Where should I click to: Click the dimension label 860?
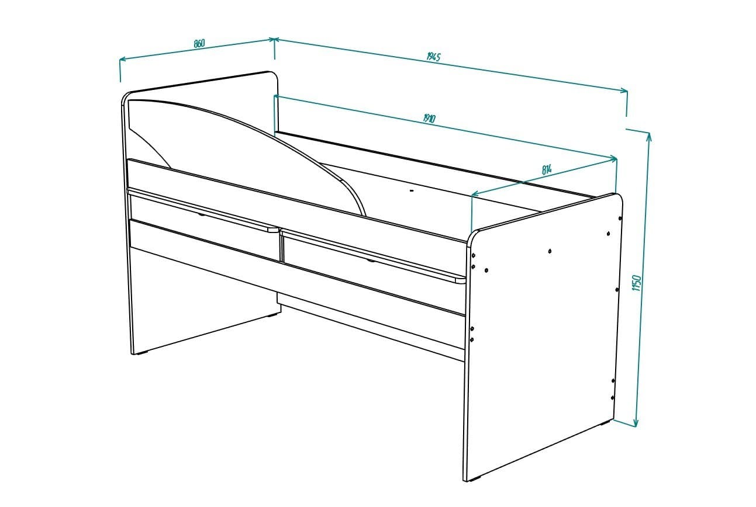pyautogui.click(x=199, y=43)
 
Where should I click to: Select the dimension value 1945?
pyautogui.click(x=433, y=57)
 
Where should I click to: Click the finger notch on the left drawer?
pyautogui.click(x=202, y=214)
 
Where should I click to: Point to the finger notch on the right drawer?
pyautogui.click(x=371, y=261)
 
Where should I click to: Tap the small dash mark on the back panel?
pyautogui.click(x=412, y=190)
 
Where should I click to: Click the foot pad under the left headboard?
pyautogui.click(x=140, y=353)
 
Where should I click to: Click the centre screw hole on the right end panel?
pyautogui.click(x=550, y=251)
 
